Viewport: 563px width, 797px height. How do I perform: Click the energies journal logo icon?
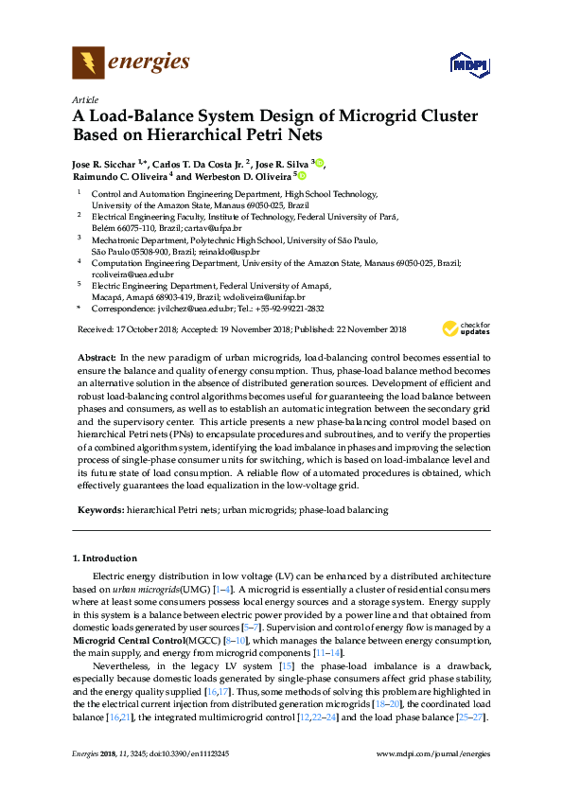[88, 63]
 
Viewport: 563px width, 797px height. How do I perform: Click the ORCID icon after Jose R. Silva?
[320, 164]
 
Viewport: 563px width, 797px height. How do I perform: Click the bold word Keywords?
[99, 510]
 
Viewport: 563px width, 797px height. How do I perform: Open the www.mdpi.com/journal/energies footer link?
[432, 753]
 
